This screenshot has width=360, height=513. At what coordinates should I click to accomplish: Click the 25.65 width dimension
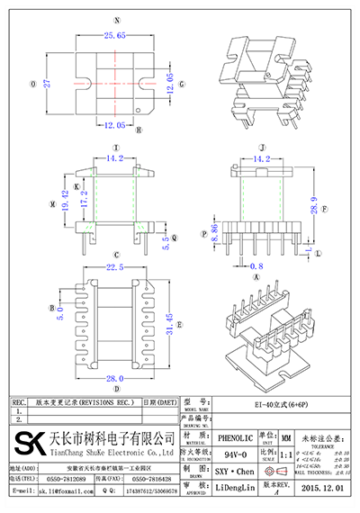114,35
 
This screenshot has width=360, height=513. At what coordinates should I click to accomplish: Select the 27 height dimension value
48,83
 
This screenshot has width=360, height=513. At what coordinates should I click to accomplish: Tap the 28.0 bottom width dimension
114,379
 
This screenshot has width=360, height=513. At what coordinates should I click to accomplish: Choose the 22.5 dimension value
114,267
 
